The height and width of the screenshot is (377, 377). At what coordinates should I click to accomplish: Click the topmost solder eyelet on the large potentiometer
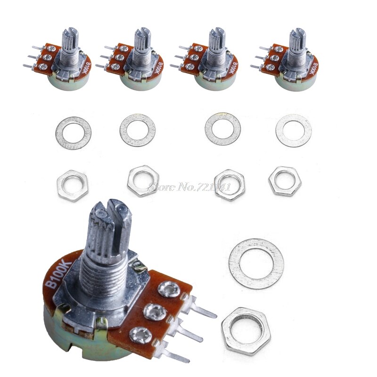pyautogui.click(x=169, y=289)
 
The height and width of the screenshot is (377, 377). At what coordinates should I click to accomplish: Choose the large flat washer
pyautogui.click(x=256, y=263)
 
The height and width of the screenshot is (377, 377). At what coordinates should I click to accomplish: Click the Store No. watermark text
pyautogui.click(x=188, y=187)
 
